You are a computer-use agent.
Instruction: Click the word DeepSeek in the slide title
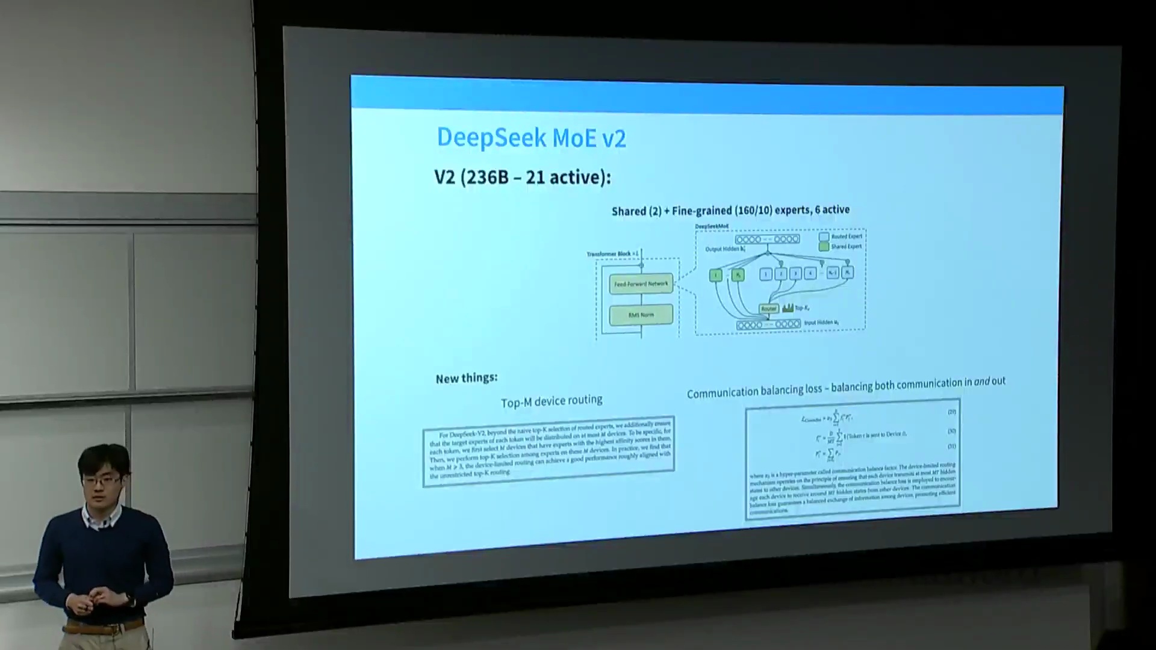point(491,137)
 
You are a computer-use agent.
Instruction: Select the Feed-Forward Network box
point(641,283)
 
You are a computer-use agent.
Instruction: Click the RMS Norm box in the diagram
point(641,315)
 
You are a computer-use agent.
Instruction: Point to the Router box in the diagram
point(768,309)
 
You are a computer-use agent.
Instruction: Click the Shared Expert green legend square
point(824,246)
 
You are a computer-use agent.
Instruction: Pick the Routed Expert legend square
point(824,237)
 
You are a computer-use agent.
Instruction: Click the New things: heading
point(467,379)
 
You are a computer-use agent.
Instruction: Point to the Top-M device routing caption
point(552,401)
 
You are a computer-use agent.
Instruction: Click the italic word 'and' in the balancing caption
point(982,382)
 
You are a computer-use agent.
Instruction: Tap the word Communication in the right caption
point(722,392)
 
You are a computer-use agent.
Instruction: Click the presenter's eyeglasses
point(99,480)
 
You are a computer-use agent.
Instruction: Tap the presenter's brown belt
point(102,628)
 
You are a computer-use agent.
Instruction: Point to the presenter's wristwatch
point(129,598)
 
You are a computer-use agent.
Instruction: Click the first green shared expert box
point(715,275)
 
